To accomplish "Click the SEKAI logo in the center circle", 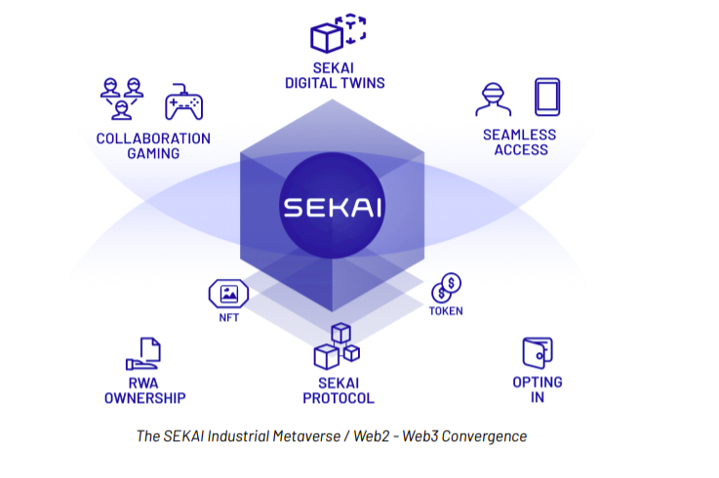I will (332, 208).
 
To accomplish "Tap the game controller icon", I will (182, 101).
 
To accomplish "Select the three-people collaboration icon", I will (123, 100).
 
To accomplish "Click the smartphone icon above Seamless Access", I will (546, 98).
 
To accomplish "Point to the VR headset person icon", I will (493, 100).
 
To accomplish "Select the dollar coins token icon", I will (447, 288).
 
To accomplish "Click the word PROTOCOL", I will (338, 398).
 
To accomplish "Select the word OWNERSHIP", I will (144, 398).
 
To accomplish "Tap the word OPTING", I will (538, 381).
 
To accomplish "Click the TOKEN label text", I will (446, 311).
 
